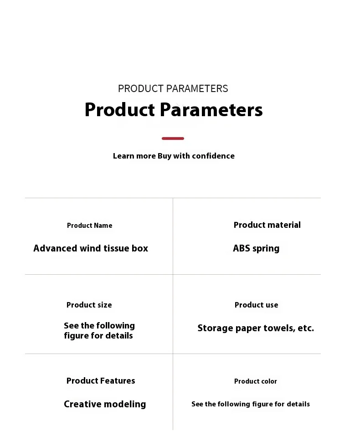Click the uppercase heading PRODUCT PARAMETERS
[x=173, y=88]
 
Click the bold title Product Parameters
[x=174, y=109]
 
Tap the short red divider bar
[x=173, y=138]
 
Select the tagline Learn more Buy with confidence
[x=174, y=156]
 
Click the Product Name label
[x=90, y=226]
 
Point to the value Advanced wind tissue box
[x=91, y=248]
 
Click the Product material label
[x=267, y=225]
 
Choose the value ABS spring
[x=256, y=248]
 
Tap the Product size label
[x=89, y=305]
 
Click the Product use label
[x=256, y=305]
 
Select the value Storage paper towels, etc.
[x=256, y=328]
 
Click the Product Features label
[x=101, y=381]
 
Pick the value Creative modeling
[x=105, y=404]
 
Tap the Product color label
[x=255, y=381]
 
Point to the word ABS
[x=242, y=248]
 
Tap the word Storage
[x=215, y=328]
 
